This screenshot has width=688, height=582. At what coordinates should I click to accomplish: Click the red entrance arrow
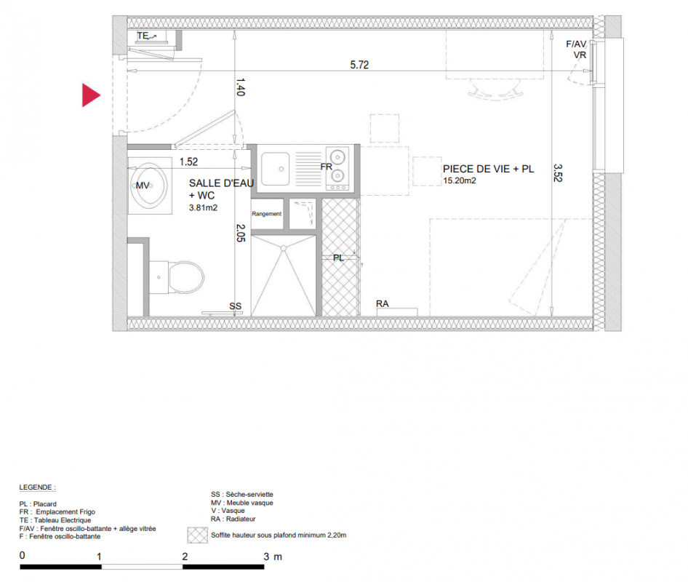coord(89,95)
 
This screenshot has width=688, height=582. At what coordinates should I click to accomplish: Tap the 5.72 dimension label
coord(359,65)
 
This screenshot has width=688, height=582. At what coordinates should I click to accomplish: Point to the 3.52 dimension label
coord(558,173)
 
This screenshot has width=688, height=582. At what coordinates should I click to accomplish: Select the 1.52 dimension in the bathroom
coord(188,162)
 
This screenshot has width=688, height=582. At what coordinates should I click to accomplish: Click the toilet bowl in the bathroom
coord(186,277)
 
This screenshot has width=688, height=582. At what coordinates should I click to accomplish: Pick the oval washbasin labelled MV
coord(150,186)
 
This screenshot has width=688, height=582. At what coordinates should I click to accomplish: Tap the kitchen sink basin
coord(276,169)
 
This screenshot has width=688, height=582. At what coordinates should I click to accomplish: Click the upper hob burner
coord(337,156)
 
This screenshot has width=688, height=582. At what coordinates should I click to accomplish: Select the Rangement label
coord(267,214)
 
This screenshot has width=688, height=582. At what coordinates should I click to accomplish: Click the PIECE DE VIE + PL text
coord(488,169)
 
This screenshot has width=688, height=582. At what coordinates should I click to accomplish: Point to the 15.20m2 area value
coord(460,180)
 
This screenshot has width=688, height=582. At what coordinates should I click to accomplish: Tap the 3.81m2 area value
coord(203,207)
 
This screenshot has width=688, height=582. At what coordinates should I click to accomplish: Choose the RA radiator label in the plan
coord(382,303)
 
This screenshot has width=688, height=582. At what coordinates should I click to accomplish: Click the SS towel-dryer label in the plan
coord(235,306)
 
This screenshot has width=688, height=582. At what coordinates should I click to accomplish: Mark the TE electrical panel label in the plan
coord(143,36)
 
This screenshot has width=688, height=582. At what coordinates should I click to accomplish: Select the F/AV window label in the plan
coord(576,44)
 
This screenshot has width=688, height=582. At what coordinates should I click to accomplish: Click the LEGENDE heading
coord(37,487)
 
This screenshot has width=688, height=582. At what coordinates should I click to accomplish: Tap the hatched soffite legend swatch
coord(197,535)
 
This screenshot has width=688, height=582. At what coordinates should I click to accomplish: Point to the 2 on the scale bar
coord(185,557)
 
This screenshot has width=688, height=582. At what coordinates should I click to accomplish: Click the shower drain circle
coord(284,248)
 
